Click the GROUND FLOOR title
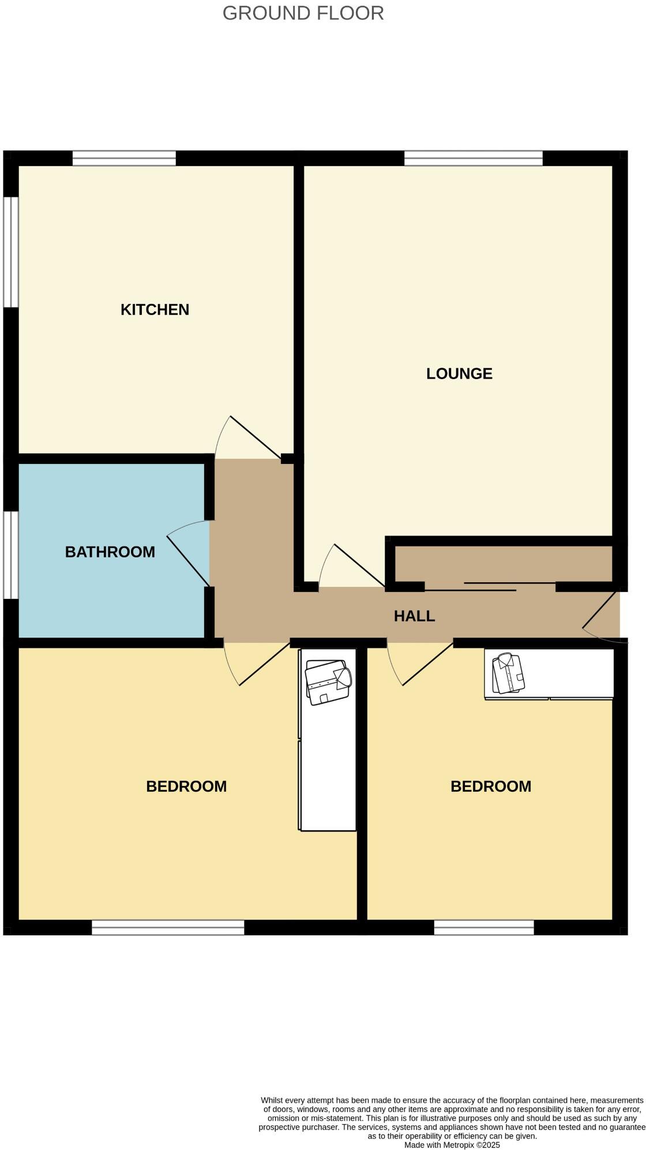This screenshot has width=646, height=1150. pos(303,13)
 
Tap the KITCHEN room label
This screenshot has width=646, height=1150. pos(155,310)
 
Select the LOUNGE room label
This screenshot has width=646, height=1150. pos(459,374)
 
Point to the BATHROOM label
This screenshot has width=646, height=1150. pos(110,552)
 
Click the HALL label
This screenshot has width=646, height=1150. pos(414,616)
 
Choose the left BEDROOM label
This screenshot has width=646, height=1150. pos(186,786)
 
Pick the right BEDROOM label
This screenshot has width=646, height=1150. pos(491,786)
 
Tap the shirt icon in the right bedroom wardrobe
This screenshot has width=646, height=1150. pos(508,673)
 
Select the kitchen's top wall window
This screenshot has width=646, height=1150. pos(124,158)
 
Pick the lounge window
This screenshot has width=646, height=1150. pos(474,158)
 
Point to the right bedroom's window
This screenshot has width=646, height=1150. pos(484,927)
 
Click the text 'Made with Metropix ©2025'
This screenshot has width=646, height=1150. pos(452,1145)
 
